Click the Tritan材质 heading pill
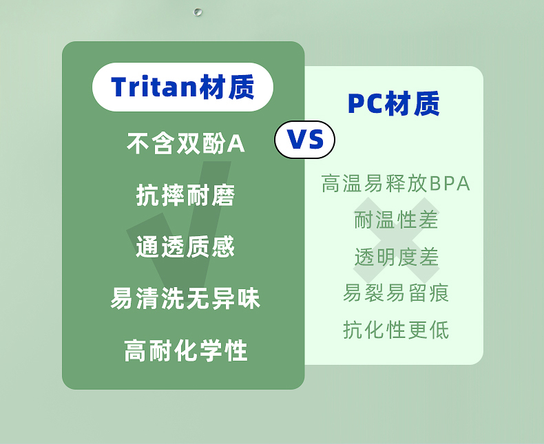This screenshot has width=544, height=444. [x=183, y=87]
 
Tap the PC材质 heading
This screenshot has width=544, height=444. [x=394, y=103]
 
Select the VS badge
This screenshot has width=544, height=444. [x=304, y=140]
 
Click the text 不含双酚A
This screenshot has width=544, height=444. [x=186, y=143]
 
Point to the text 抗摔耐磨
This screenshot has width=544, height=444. [x=186, y=195]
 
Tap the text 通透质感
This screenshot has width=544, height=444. [x=186, y=246]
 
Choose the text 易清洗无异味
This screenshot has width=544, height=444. [x=186, y=298]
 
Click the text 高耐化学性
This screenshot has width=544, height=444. [x=186, y=350]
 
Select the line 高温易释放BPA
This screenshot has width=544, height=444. [x=396, y=183]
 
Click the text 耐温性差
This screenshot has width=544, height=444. [x=396, y=220]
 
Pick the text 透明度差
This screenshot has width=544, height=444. [x=397, y=257]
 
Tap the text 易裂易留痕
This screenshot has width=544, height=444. [x=396, y=293]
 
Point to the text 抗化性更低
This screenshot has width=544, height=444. [x=396, y=330]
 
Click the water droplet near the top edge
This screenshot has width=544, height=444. [x=198, y=12]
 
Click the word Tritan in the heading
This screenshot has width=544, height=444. [x=154, y=87]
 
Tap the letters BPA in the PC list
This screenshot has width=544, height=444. [x=450, y=184]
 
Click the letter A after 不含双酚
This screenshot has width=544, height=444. [x=236, y=143]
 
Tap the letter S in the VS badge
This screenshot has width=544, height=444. [x=314, y=140]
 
